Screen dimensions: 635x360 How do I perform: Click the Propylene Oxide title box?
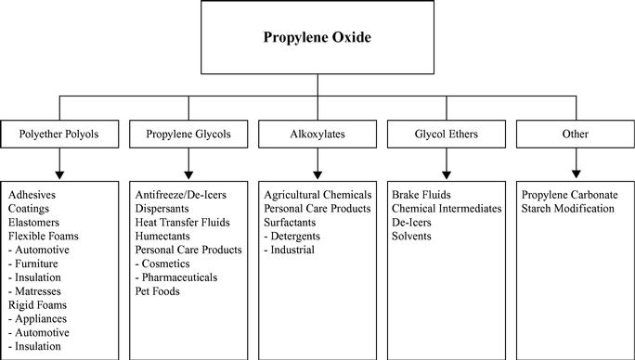point(317,37)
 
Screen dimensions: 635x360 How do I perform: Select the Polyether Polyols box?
point(59,134)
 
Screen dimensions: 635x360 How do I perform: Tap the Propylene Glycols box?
point(188,134)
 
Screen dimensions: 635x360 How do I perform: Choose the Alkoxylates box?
point(317,134)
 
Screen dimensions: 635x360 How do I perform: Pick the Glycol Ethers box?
point(447,134)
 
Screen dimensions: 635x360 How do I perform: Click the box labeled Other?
point(576,134)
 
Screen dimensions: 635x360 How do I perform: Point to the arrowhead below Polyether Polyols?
point(59,175)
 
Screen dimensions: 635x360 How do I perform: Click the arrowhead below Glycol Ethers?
point(447,175)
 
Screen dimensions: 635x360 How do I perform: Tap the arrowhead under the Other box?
point(576,174)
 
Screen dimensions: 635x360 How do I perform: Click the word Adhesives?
point(32,195)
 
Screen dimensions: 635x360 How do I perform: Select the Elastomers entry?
point(33,223)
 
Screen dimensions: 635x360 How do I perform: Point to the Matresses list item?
point(35,291)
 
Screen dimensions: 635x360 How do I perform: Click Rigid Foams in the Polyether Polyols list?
point(37,305)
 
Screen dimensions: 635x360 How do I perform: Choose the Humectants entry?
point(162,236)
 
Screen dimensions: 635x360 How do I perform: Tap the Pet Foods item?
point(157,291)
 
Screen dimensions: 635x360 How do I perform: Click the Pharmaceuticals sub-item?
point(176,277)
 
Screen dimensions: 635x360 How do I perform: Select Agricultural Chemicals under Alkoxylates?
point(317,195)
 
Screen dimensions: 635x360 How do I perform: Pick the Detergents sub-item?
point(292,236)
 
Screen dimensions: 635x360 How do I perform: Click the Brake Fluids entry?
point(421,195)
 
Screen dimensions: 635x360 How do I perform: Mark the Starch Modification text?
point(568,209)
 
